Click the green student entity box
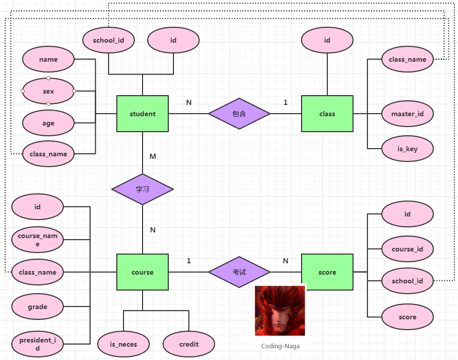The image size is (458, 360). pos(143,114)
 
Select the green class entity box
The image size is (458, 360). pos(327,114)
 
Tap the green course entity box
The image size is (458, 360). pos(143,272)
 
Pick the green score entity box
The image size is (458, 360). pos(327,272)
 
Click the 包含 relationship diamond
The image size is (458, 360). pos(239,114)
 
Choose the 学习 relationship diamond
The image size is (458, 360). pos(143,189)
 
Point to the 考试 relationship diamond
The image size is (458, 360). pos(239,272)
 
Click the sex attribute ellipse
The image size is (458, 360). pos(48,91)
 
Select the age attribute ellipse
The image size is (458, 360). pos(48,123)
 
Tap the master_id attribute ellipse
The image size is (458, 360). pos(408,114)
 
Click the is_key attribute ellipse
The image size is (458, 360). pos(408,149)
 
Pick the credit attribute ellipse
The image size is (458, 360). pos(189,344)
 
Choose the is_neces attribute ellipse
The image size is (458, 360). pos(124,344)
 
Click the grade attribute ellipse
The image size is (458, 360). pos(38,307)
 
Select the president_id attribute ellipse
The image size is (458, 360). pos(38,344)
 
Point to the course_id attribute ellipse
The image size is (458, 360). pos(408,249)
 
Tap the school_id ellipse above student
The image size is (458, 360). pos(109,40)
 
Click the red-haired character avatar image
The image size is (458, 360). pos(280,311)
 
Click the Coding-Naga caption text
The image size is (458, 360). pos(280,346)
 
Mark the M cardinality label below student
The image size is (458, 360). pos(153,156)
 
